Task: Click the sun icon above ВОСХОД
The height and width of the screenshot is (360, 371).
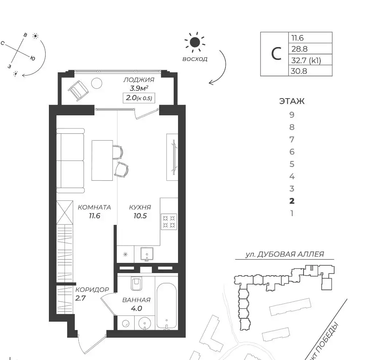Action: [195, 42]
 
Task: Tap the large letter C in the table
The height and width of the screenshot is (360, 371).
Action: [276, 54]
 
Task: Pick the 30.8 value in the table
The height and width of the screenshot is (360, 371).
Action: [299, 71]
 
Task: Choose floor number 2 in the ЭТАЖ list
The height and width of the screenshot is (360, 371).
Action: [292, 201]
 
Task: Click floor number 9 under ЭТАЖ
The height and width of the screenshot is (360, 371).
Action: [292, 115]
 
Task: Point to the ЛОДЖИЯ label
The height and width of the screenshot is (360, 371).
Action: [139, 80]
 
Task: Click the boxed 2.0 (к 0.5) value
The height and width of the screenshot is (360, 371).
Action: [139, 98]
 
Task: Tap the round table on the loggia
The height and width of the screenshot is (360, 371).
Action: [97, 83]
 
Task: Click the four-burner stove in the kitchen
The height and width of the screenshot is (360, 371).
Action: [169, 222]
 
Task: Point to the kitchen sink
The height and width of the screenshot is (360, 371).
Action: [147, 254]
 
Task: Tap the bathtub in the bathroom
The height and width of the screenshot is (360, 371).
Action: [167, 306]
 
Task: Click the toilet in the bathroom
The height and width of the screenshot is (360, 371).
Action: [136, 283]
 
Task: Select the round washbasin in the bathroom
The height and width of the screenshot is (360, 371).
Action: [144, 323]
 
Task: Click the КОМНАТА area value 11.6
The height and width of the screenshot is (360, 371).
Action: [94, 216]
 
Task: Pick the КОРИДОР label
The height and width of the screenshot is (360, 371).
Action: [92, 290]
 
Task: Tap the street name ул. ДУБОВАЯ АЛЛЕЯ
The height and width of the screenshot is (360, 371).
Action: [285, 254]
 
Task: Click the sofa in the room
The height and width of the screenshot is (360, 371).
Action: [70, 161]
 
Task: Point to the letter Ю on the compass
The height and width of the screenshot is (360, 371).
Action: [33, 58]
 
